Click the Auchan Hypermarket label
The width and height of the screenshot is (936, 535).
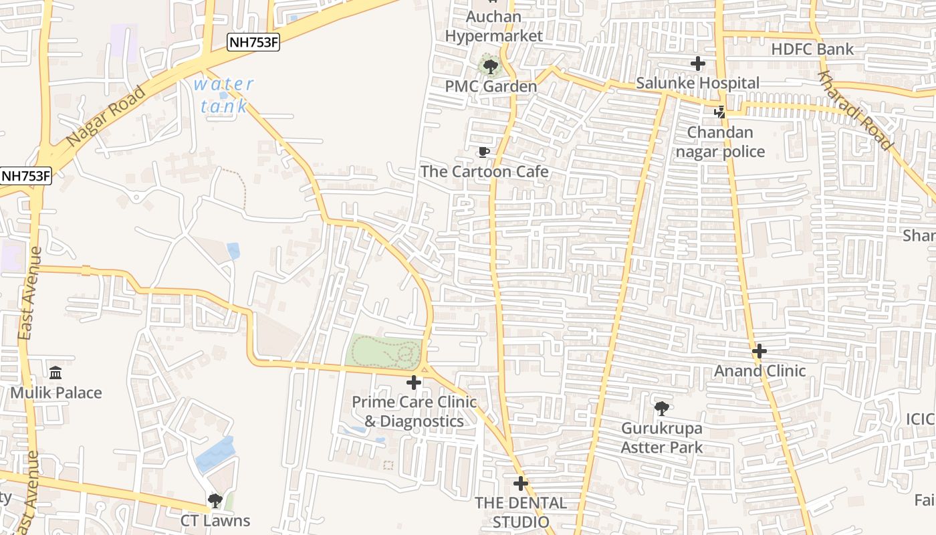[493, 26]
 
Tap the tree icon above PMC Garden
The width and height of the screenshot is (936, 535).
[491, 66]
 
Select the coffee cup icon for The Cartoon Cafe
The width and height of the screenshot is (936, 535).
[484, 152]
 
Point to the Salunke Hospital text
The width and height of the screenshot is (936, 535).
[697, 83]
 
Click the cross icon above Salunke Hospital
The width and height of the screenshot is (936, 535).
[698, 64]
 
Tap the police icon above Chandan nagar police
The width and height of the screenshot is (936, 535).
[720, 112]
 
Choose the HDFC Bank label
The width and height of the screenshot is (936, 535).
[812, 49]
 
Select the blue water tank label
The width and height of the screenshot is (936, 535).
[223, 95]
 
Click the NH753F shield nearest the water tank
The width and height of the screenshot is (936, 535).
[253, 43]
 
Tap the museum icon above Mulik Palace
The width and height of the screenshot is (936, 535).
[55, 372]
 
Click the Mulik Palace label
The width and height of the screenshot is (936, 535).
[56, 393]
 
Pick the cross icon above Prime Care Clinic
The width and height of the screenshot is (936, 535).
[414, 383]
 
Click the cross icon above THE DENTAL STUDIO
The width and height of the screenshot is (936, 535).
[521, 483]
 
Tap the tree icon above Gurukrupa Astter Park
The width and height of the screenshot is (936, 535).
[661, 408]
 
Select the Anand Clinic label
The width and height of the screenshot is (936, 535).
[760, 370]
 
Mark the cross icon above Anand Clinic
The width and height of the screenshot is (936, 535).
[759, 351]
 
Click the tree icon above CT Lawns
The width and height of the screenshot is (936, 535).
[215, 500]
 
